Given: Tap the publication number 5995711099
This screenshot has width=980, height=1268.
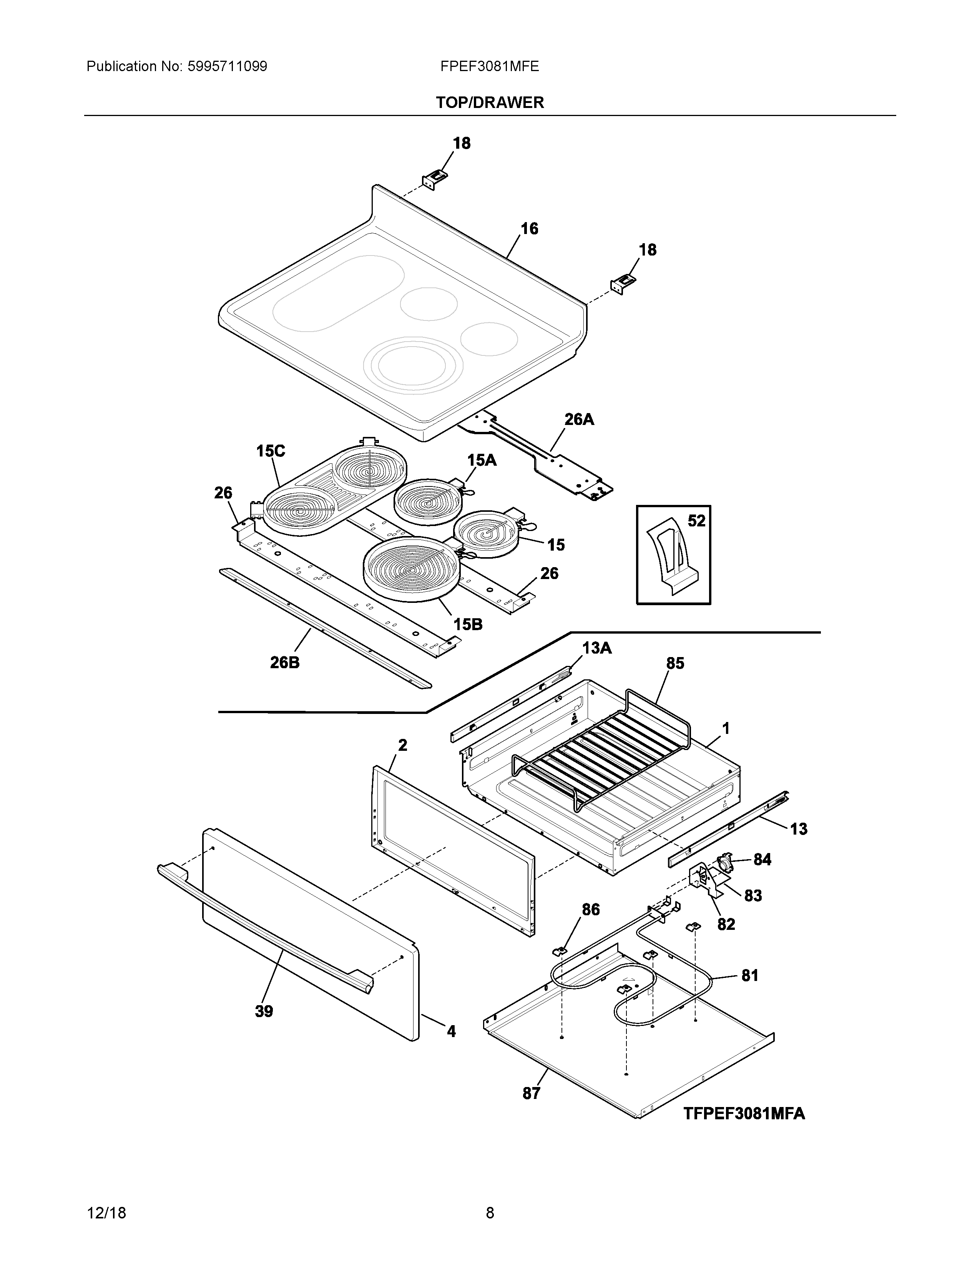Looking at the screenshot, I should point(227,67).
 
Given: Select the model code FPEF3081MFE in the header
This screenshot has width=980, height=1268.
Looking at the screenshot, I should point(489,67).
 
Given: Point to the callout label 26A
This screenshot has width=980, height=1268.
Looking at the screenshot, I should point(579,419).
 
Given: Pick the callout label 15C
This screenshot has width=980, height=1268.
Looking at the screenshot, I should point(271,451).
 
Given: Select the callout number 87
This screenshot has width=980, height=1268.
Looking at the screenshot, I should point(531,1093).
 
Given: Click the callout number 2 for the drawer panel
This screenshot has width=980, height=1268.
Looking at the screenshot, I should point(402,745).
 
